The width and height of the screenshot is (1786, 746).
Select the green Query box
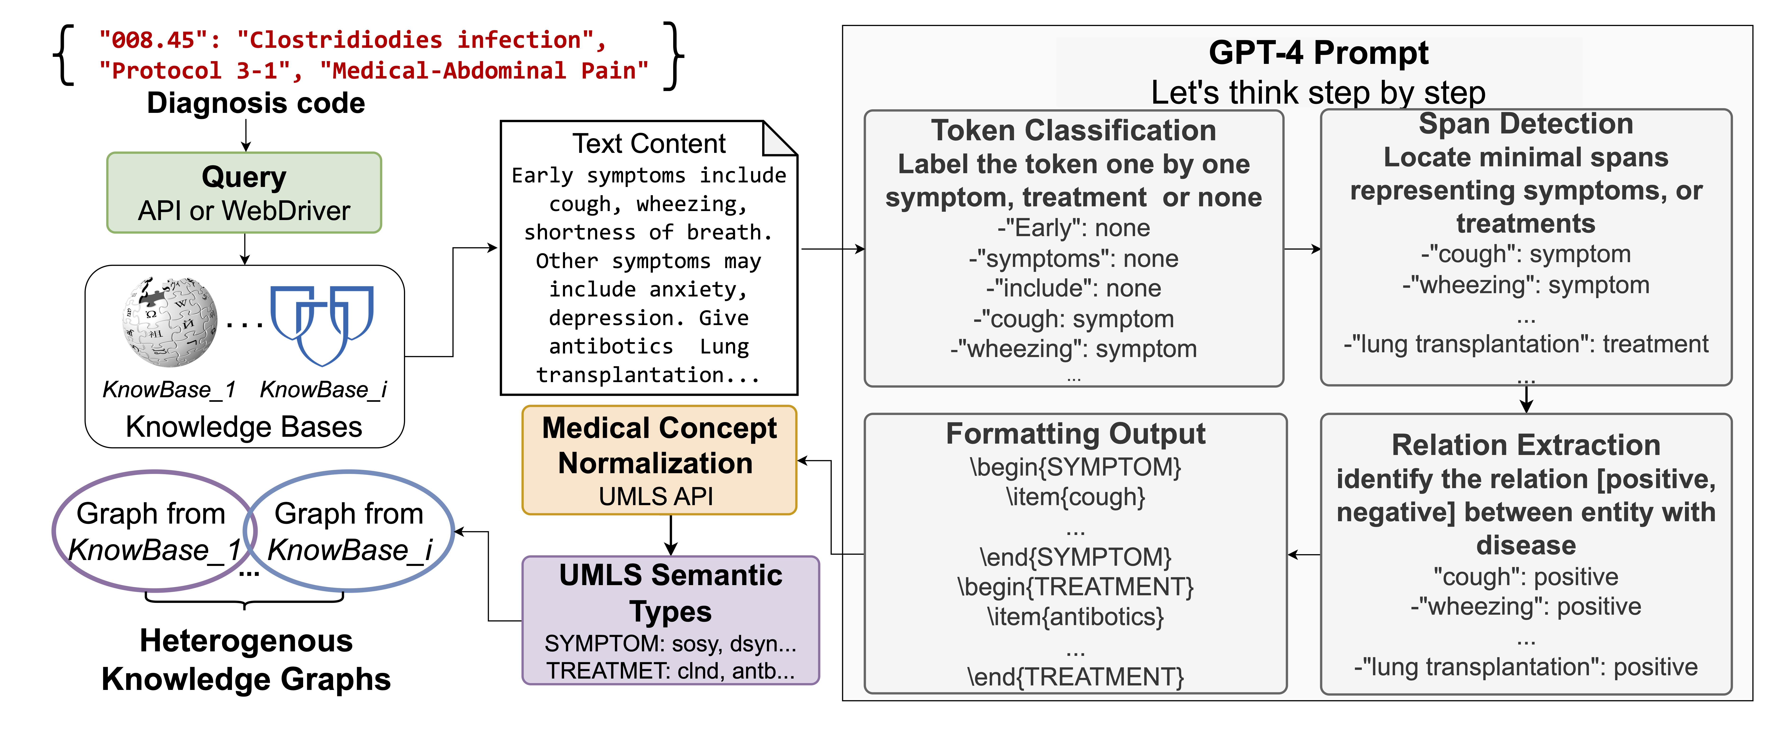coord(244,193)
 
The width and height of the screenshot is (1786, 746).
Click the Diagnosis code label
coord(256,103)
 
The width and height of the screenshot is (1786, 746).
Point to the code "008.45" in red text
coord(147,40)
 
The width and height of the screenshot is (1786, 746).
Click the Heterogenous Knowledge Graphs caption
coord(246,660)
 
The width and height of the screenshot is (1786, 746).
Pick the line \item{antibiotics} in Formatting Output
coord(1075,616)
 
